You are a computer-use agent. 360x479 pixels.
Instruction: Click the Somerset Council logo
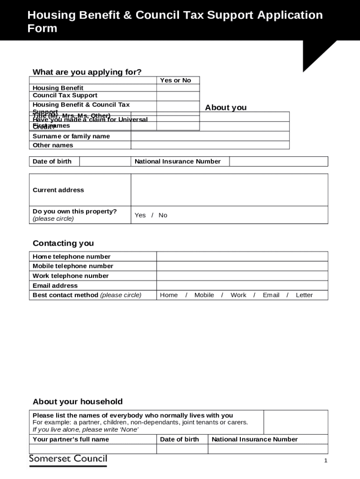(68, 459)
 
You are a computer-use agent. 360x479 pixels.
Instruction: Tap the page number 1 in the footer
(326, 461)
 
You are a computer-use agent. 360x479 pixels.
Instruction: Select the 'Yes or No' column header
(175, 80)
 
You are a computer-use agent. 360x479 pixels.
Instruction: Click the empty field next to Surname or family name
(210, 136)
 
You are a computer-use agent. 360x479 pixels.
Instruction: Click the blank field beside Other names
(210, 145)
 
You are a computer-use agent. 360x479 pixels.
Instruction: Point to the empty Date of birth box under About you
(105, 161)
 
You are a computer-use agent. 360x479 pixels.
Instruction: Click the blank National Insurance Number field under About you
(278, 161)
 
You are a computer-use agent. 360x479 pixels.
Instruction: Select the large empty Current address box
(229, 190)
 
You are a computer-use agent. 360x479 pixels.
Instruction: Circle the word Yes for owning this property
(140, 215)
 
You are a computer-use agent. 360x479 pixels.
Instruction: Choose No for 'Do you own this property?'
(163, 215)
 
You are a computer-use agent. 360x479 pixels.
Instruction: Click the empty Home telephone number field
(242, 256)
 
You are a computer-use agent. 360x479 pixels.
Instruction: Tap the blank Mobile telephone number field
(242, 266)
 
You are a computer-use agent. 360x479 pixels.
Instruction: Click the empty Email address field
(242, 285)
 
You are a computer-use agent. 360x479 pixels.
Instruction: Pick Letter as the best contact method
(304, 295)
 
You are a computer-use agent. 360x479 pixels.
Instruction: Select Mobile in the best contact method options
(204, 295)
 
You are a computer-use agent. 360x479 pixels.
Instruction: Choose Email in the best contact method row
(271, 295)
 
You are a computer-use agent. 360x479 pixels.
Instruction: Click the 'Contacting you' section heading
(63, 243)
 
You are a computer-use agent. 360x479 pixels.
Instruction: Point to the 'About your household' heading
(78, 402)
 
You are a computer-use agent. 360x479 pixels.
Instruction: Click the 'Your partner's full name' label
(71, 439)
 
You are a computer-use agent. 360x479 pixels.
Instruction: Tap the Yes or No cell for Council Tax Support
(178, 95)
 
